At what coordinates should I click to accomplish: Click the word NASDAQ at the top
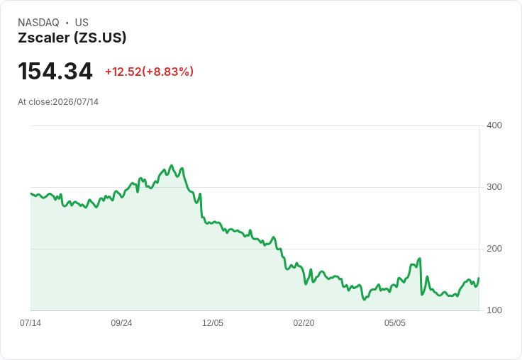click(38, 23)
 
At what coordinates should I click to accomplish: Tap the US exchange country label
click(82, 23)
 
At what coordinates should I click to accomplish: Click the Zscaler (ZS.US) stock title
click(72, 38)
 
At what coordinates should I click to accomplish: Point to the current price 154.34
click(55, 71)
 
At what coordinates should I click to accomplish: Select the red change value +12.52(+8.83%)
click(149, 72)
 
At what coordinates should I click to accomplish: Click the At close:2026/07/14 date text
click(58, 102)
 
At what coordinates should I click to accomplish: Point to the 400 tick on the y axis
click(494, 125)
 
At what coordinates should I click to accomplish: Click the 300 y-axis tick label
click(494, 187)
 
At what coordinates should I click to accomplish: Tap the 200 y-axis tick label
click(494, 249)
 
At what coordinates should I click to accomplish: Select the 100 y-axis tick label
click(494, 310)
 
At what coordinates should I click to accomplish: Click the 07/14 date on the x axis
click(30, 322)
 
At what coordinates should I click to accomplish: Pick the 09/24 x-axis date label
click(121, 322)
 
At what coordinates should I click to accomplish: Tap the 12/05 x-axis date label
click(213, 322)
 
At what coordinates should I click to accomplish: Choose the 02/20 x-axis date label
click(304, 322)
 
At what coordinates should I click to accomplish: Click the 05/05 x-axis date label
click(395, 322)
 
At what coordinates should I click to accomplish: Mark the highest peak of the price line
click(172, 165)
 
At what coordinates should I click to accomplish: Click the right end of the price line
click(479, 278)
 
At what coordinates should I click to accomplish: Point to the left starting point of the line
click(31, 193)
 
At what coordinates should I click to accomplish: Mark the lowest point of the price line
click(365, 300)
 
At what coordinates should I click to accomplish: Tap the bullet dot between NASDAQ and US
click(67, 23)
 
